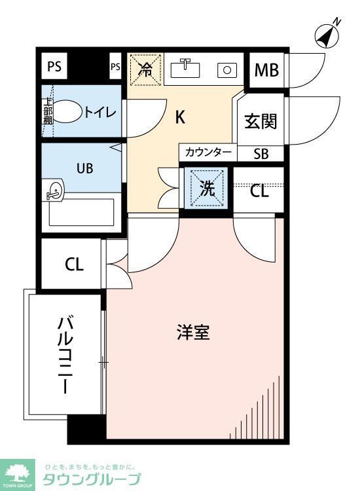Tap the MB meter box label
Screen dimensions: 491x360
tap(267, 69)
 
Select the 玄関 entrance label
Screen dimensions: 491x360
tap(261, 121)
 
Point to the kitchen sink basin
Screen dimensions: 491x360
tap(187, 67)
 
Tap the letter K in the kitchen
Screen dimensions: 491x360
tap(180, 117)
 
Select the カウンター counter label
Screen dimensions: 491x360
tap(208, 153)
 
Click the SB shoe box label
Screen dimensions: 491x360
tap(261, 153)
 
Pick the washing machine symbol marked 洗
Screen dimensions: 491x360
tap(207, 189)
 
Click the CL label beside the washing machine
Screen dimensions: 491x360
tap(259, 191)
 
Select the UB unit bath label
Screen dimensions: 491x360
tap(85, 168)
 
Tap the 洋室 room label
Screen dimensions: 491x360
tap(192, 332)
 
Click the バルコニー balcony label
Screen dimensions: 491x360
tap(65, 354)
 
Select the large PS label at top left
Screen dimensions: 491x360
tap(55, 66)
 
